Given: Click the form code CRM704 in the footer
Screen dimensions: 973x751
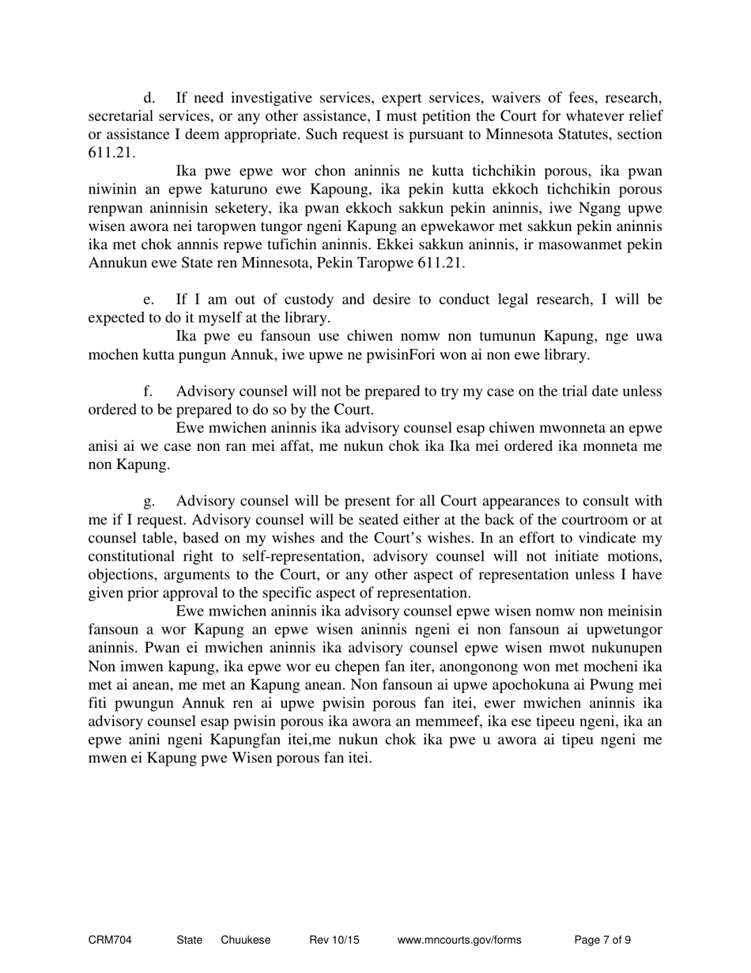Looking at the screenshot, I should point(109,941).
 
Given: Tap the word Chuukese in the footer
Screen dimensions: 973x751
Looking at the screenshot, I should point(245,941).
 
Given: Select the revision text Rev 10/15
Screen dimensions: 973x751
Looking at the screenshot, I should point(334,941).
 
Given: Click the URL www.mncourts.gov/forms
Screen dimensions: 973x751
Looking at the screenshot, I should point(459,941).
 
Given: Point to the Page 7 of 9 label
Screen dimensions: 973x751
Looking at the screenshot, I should point(602,941).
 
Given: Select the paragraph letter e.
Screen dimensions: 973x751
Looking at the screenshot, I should point(149,300).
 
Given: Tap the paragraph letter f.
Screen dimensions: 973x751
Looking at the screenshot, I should point(148,392).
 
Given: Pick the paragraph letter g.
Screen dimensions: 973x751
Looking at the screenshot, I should point(149,502).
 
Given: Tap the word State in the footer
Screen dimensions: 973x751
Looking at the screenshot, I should point(190,941).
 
